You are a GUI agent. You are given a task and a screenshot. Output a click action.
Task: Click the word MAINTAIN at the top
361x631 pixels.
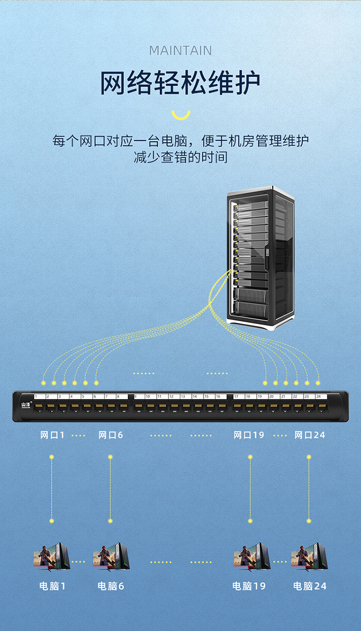coord(180,50)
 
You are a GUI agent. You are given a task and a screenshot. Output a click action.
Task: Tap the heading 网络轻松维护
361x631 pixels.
coord(180,83)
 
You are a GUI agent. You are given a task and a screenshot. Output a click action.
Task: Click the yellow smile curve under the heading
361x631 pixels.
coord(181,115)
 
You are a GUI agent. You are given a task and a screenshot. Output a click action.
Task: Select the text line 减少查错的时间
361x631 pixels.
coord(180,157)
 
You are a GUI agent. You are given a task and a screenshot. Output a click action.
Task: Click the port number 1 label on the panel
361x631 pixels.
coord(36,396)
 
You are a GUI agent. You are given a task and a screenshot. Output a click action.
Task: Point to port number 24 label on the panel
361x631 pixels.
coord(318,396)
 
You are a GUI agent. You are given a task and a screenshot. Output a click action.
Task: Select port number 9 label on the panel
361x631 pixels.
coord(136,396)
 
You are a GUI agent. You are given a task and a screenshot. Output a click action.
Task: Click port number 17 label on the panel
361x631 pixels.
coord(236,396)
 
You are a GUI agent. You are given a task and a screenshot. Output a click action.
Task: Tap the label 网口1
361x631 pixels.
coord(52,435)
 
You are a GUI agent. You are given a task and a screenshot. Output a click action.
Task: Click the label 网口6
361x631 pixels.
coord(111,435)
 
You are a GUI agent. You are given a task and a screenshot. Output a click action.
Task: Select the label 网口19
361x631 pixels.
coord(249,435)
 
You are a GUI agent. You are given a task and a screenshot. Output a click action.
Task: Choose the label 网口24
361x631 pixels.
coord(309,435)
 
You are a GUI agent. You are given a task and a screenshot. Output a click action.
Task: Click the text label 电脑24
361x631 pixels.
coord(309,586)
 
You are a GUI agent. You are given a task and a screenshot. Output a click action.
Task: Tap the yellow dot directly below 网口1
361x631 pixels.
coord(52,457)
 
